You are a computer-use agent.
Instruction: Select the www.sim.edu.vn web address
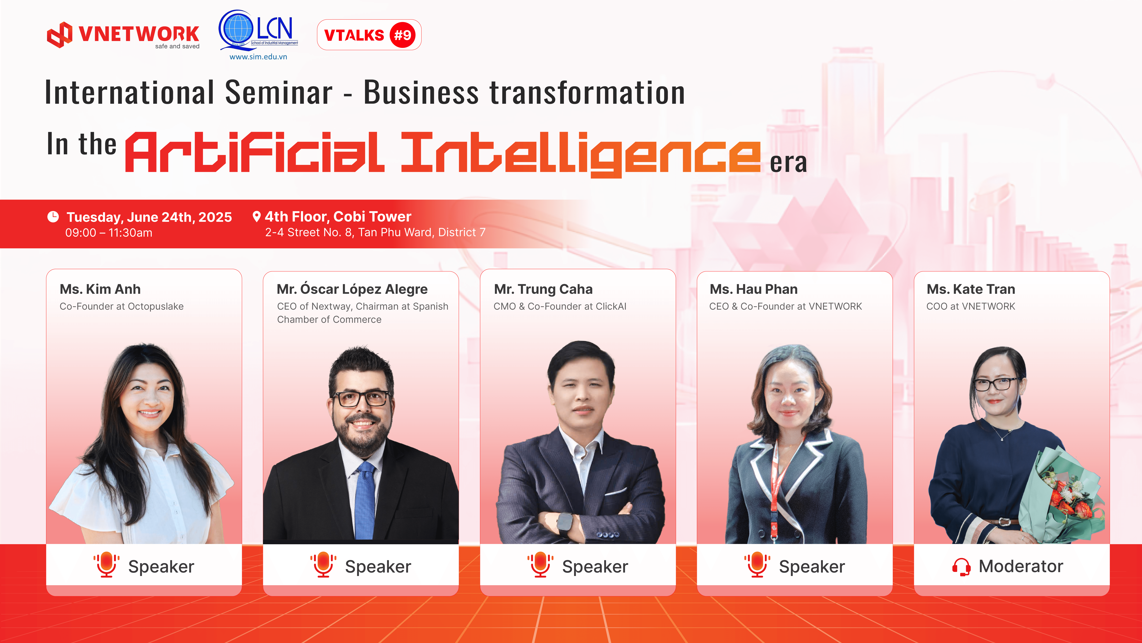coord(259,57)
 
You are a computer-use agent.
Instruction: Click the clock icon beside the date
coord(53,217)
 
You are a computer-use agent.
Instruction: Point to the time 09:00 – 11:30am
coord(109,232)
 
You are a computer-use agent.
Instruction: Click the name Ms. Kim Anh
coord(100,289)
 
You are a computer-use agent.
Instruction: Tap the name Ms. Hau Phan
coord(754,289)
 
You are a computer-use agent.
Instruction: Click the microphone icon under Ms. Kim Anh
coord(106,564)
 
